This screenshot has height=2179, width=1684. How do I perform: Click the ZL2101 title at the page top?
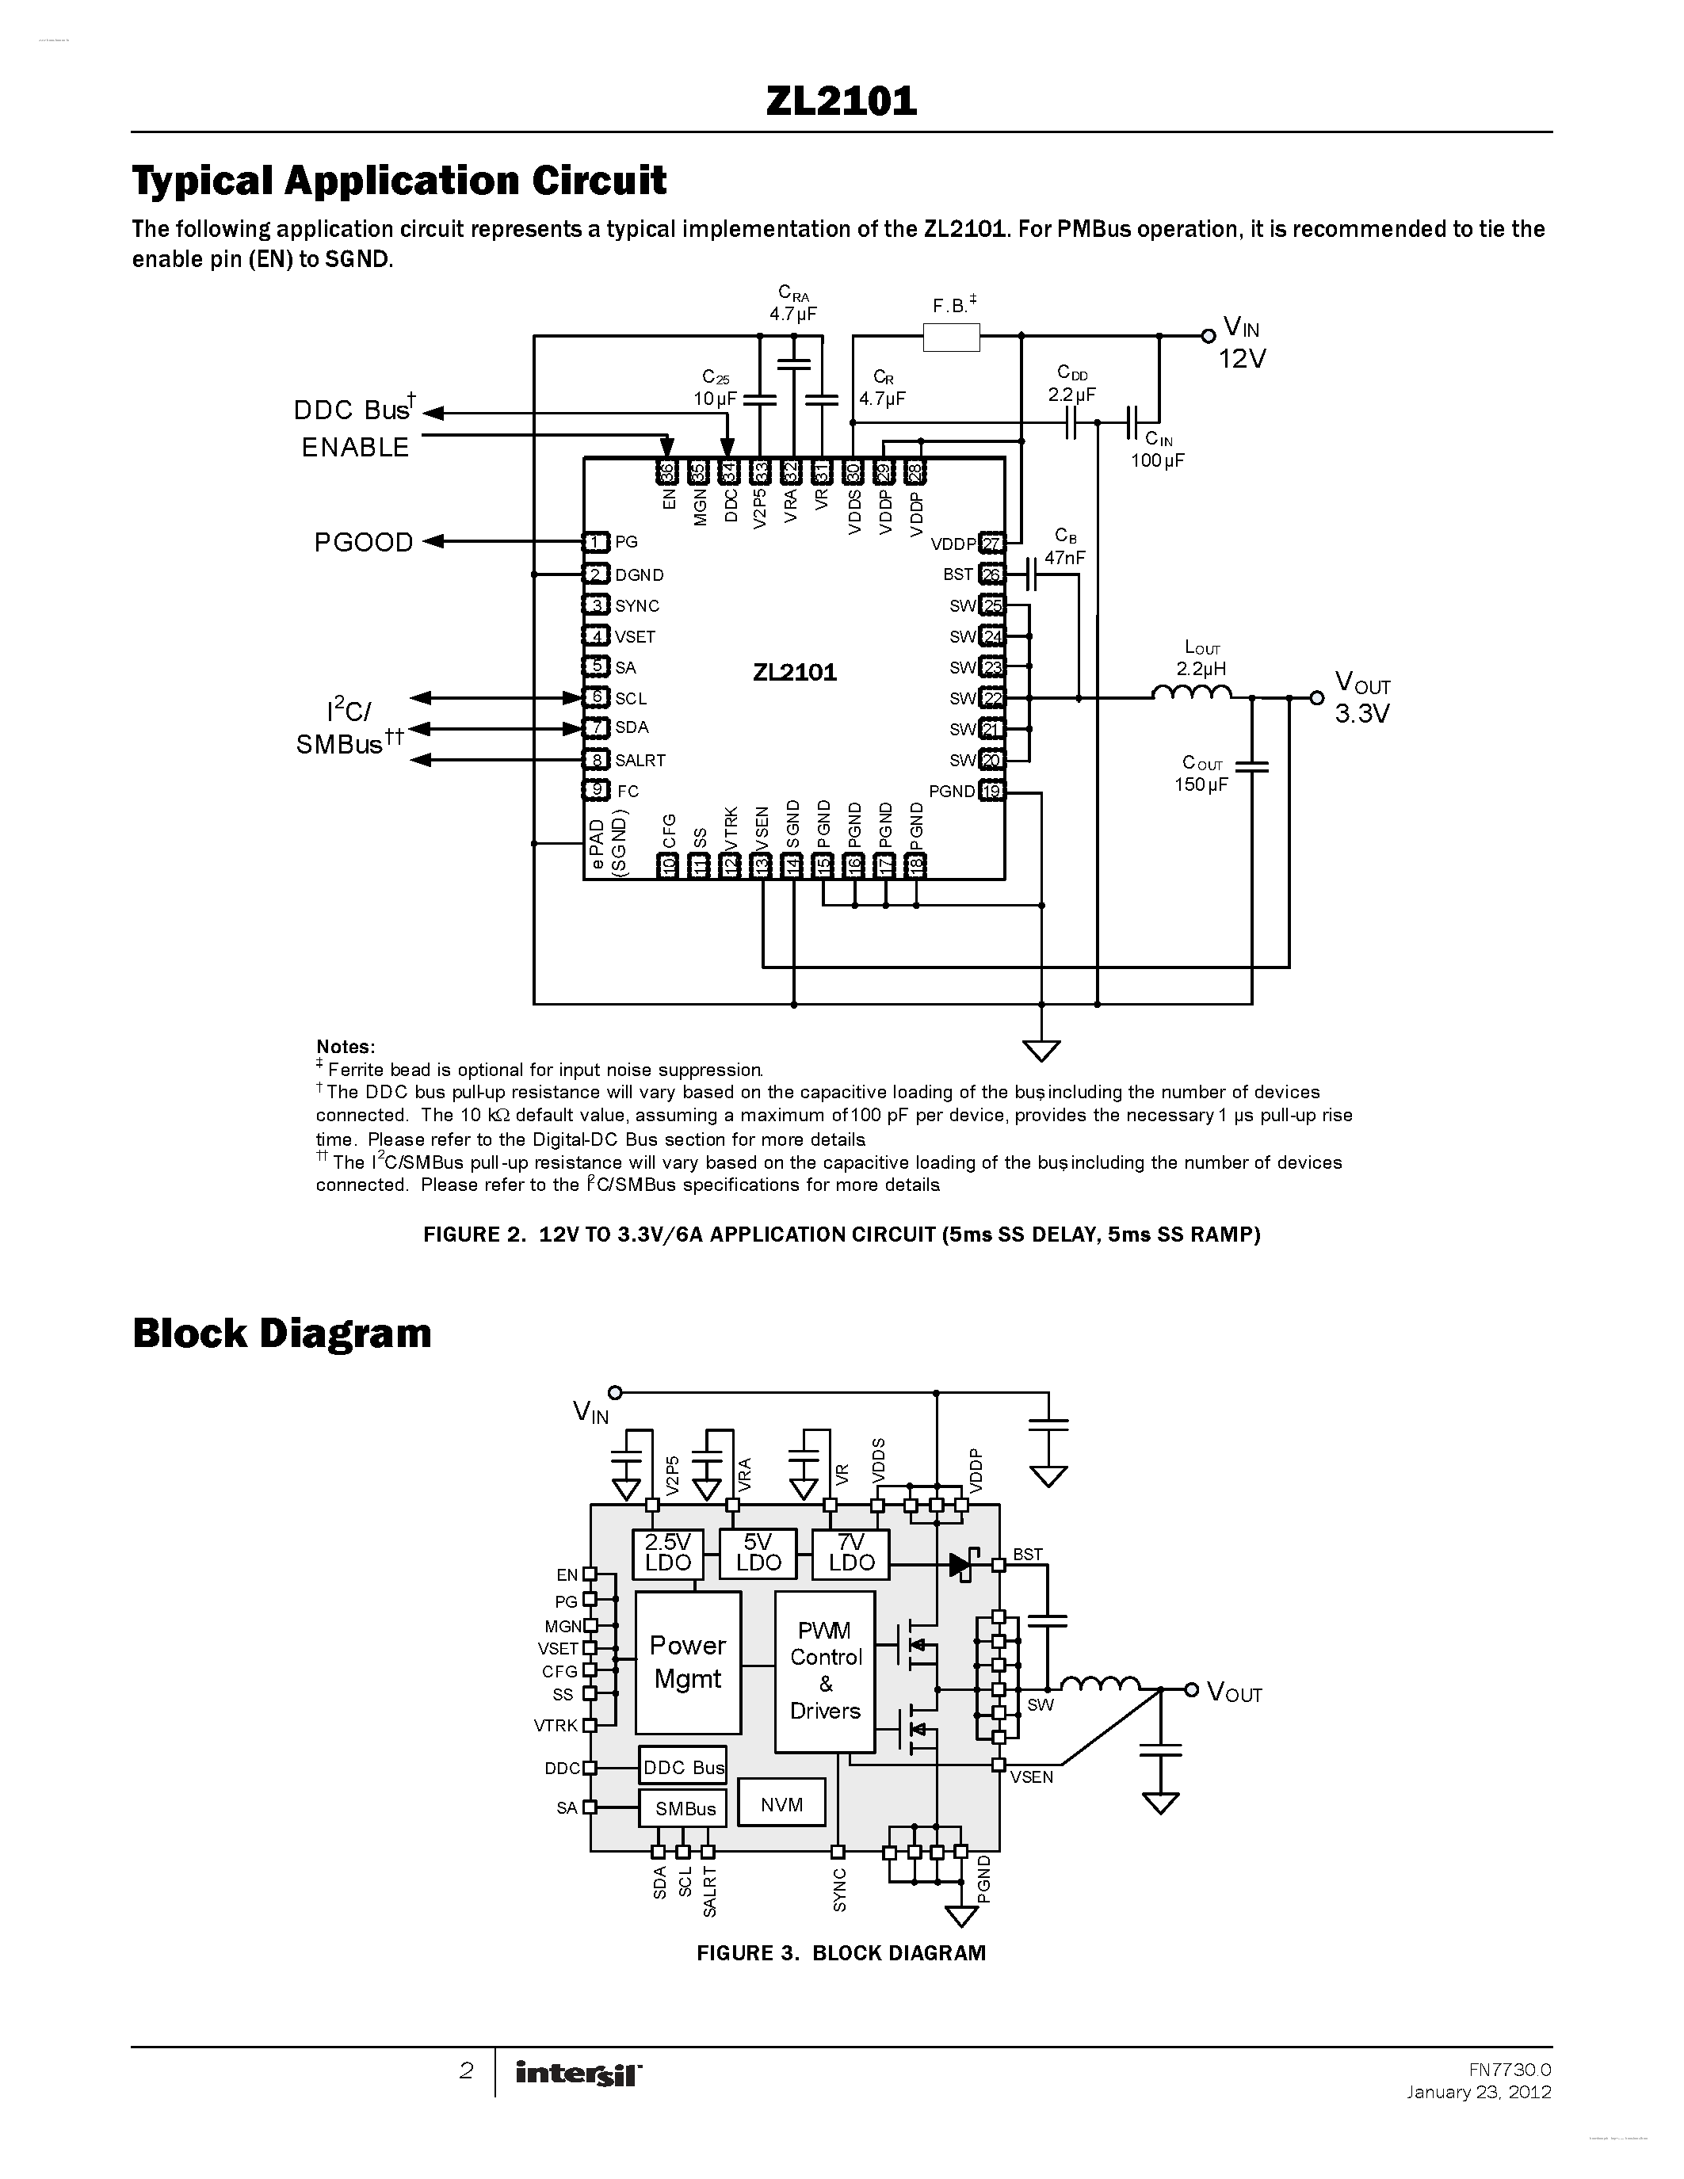pyautogui.click(x=841, y=101)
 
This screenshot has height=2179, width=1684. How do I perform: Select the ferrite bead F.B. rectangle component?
pyautogui.click(x=951, y=338)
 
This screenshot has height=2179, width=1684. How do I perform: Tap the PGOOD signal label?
pyautogui.click(x=363, y=542)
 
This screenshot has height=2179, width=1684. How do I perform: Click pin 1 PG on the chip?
pyautogui.click(x=597, y=542)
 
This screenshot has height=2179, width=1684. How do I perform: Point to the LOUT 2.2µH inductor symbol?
pyautogui.click(x=1191, y=693)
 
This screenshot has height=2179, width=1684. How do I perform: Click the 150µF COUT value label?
pyautogui.click(x=1200, y=784)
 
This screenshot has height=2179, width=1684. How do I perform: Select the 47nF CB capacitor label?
pyautogui.click(x=1064, y=558)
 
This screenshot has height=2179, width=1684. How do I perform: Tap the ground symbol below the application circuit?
pyautogui.click(x=1041, y=1050)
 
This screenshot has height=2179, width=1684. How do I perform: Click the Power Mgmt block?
pyautogui.click(x=687, y=1662)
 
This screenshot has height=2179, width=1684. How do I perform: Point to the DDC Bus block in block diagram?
pyautogui.click(x=683, y=1767)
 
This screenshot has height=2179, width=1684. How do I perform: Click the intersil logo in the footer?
pyautogui.click(x=579, y=2074)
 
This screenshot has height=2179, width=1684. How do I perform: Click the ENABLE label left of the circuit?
pyautogui.click(x=355, y=447)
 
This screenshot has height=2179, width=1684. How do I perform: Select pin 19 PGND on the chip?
pyautogui.click(x=991, y=792)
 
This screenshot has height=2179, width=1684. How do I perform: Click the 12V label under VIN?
pyautogui.click(x=1241, y=358)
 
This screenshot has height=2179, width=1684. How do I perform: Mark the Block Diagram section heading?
pyautogui.click(x=281, y=1333)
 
